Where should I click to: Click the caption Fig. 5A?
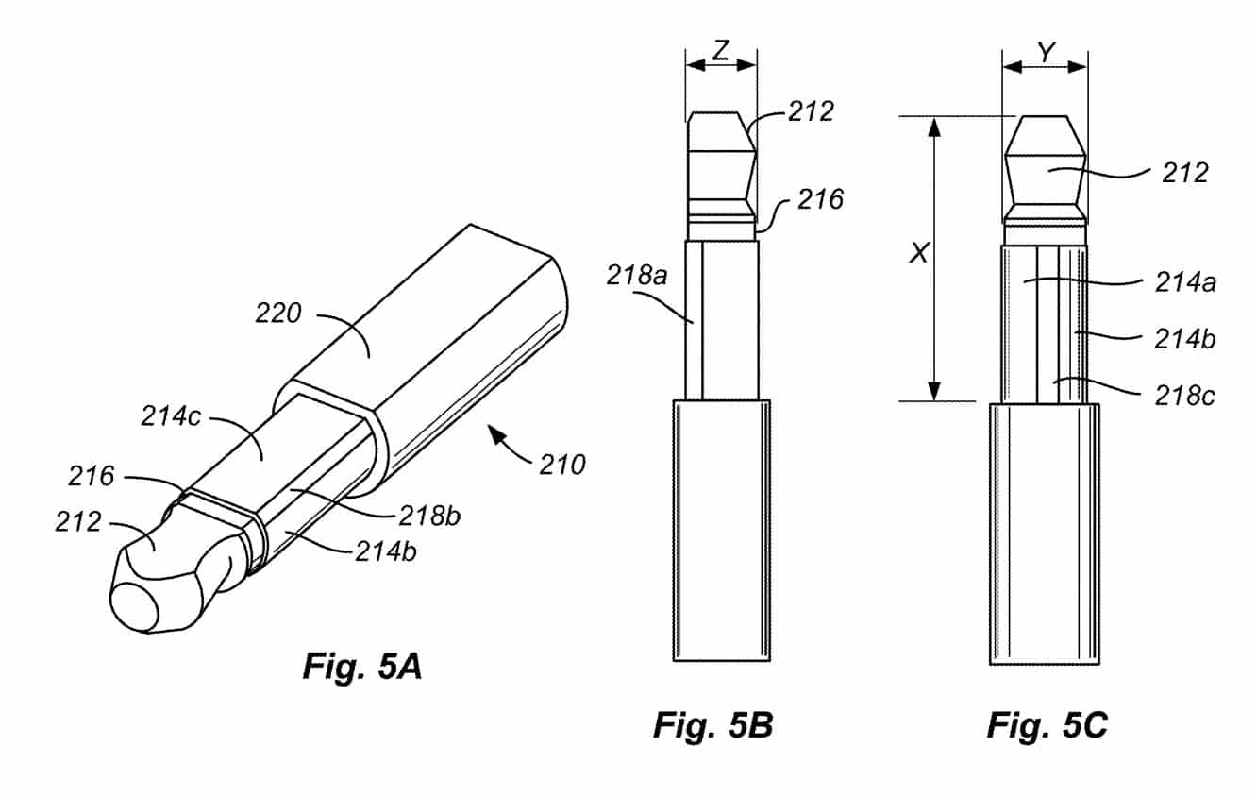pyautogui.click(x=362, y=667)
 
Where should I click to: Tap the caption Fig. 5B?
pyautogui.click(x=713, y=724)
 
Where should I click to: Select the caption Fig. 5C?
pyautogui.click(x=1047, y=724)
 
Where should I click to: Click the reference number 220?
pyautogui.click(x=278, y=313)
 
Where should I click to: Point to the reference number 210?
pyautogui.click(x=562, y=465)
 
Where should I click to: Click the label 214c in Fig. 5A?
pyautogui.click(x=171, y=416)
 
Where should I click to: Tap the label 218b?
pyautogui.click(x=429, y=516)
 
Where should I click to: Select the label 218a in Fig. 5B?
pyautogui.click(x=637, y=275)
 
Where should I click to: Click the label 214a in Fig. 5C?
pyautogui.click(x=1185, y=281)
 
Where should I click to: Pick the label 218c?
pyautogui.click(x=1185, y=396)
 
